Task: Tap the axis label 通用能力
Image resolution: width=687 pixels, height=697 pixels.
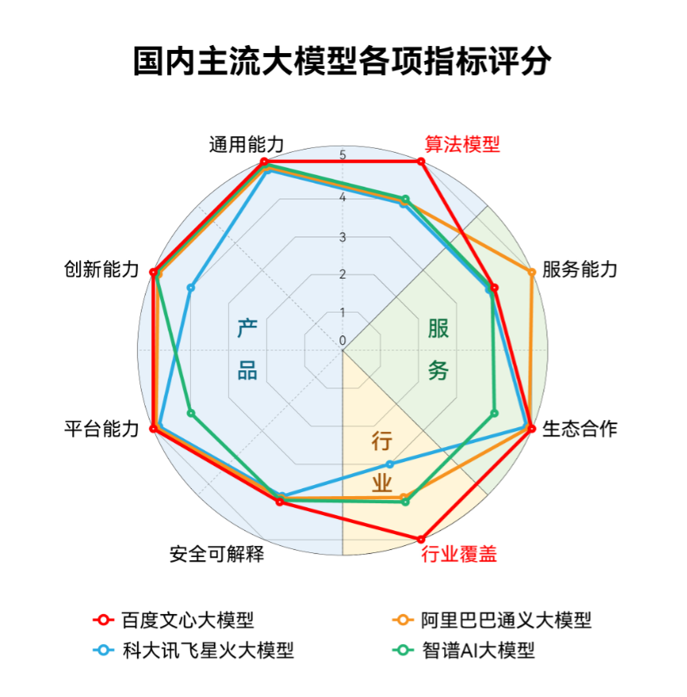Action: [246, 145]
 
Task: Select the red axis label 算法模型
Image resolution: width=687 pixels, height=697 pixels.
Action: [462, 145]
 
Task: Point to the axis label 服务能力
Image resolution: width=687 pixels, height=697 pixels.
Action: [579, 269]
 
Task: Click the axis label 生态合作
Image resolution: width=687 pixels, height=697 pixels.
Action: [579, 429]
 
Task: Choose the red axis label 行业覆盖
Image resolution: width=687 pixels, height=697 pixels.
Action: [459, 555]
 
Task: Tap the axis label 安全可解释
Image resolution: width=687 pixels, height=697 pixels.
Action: [217, 555]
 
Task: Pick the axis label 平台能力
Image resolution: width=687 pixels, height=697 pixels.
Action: [102, 429]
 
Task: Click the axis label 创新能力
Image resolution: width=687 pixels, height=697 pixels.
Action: [102, 269]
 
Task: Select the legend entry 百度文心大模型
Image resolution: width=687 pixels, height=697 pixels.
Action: [174, 620]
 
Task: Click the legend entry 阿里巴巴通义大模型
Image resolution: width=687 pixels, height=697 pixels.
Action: [492, 620]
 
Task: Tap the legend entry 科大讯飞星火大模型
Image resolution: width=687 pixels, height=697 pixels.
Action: [193, 650]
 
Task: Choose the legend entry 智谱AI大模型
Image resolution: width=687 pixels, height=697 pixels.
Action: [464, 650]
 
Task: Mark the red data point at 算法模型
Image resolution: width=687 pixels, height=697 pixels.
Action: [421, 161]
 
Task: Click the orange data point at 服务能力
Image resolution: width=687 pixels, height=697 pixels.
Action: [531, 272]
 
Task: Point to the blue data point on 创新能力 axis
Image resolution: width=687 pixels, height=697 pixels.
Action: [191, 288]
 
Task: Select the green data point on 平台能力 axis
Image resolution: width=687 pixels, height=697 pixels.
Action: [191, 413]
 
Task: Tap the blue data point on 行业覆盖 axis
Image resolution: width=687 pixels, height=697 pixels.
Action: [389, 464]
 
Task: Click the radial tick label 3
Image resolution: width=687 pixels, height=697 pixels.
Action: [343, 237]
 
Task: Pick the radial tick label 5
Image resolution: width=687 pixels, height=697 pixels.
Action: [343, 155]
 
